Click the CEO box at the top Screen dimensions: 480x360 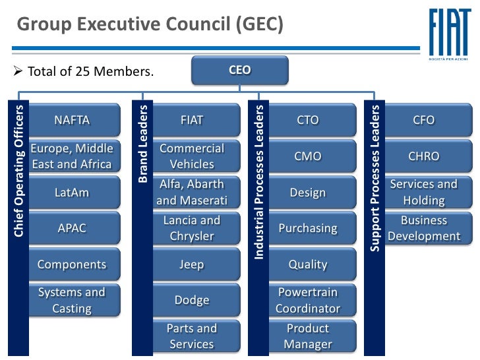pos(240,70)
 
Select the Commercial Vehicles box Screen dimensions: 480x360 pos(192,156)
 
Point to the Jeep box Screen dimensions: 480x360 pos(192,264)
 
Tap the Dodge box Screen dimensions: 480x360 pos(192,300)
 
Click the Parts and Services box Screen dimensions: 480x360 pos(192,336)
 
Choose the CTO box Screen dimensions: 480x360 pos(308,121)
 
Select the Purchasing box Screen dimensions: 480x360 pos(308,228)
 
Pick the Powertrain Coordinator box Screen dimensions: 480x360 pos(308,300)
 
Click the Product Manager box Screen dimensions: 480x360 pos(308,336)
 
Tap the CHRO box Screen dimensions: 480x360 pos(424,156)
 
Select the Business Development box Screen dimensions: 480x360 pos(424,228)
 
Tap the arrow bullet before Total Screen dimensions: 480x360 pos(18,71)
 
